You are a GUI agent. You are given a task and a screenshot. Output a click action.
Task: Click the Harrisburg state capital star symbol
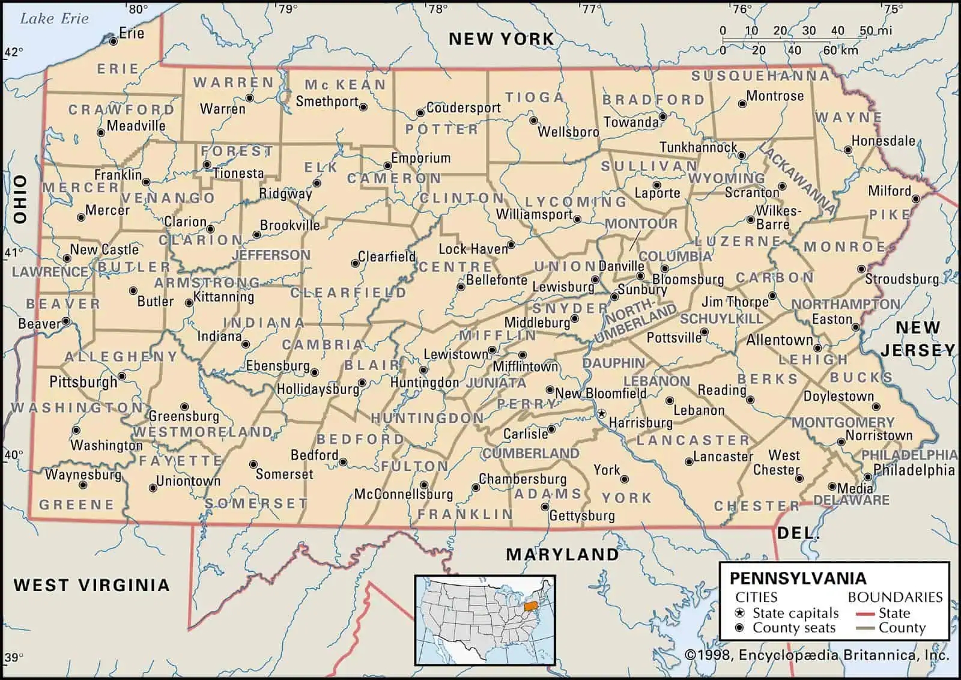(x=601, y=414)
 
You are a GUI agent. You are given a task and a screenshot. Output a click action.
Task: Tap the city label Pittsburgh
(x=83, y=382)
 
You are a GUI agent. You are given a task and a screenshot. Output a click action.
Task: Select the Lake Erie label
(x=54, y=19)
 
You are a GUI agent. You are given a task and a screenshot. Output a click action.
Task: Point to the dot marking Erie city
(x=113, y=41)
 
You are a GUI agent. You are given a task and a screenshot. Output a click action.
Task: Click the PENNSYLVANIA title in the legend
(x=798, y=578)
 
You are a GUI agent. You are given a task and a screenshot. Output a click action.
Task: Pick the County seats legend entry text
(x=793, y=628)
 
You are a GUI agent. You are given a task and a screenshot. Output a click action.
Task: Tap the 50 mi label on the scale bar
(x=875, y=31)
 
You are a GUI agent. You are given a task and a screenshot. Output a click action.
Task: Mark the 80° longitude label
(x=138, y=9)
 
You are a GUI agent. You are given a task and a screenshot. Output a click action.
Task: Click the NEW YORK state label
(x=501, y=39)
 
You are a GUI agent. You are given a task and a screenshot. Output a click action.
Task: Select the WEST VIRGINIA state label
(x=91, y=584)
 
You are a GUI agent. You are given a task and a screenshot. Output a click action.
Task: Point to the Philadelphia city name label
(x=914, y=470)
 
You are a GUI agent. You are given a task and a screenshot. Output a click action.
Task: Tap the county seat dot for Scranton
(x=782, y=187)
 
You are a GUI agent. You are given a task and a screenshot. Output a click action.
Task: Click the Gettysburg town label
(x=582, y=515)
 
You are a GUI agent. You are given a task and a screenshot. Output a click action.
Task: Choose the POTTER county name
(x=441, y=130)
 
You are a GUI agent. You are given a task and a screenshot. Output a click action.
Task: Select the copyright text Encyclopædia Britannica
(x=817, y=655)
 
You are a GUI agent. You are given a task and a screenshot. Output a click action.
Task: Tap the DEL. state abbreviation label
(x=798, y=533)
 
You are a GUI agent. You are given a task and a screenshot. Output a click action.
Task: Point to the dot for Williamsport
(x=577, y=220)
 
